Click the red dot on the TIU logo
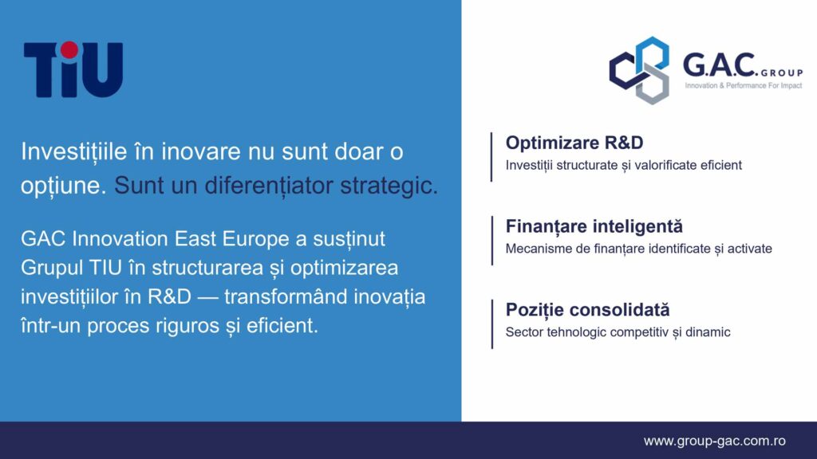pyautogui.click(x=69, y=50)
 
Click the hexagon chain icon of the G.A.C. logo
pyautogui.click(x=640, y=70)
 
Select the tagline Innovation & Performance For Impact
pyautogui.click(x=743, y=85)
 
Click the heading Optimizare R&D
pyautogui.click(x=574, y=143)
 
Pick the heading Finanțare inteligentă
pyautogui.click(x=594, y=226)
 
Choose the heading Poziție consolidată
pyautogui.click(x=587, y=310)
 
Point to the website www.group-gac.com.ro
pyautogui.click(x=714, y=441)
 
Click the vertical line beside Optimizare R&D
pyautogui.click(x=491, y=157)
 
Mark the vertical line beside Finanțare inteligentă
pyautogui.click(x=491, y=241)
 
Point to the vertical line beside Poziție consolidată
pyautogui.click(x=491, y=324)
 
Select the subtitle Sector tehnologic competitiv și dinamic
pyautogui.click(x=618, y=332)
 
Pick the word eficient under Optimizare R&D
pyautogui.click(x=721, y=165)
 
